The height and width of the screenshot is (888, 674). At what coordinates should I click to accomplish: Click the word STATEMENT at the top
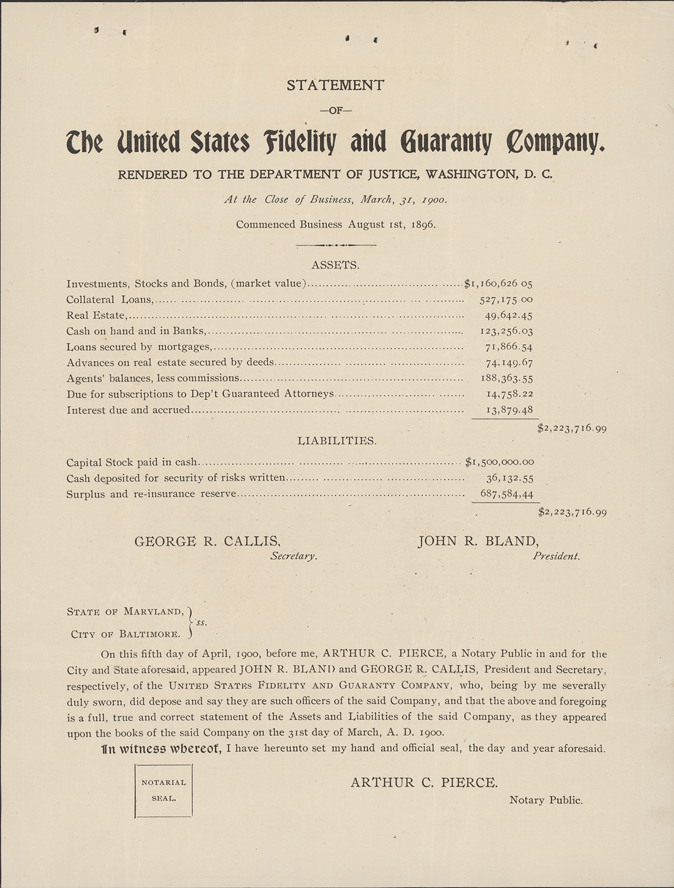(335, 85)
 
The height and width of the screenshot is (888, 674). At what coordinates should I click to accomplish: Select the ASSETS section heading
(335, 265)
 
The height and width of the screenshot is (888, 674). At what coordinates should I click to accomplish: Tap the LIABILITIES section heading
(336, 441)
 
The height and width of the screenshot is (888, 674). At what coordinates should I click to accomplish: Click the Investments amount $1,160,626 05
(499, 283)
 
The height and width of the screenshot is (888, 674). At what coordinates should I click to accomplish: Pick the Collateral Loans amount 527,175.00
(506, 299)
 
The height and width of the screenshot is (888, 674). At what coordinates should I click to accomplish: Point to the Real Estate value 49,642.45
(508, 315)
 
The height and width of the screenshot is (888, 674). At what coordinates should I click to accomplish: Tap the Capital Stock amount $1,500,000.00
(499, 462)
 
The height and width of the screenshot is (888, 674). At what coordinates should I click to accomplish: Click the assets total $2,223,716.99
(572, 428)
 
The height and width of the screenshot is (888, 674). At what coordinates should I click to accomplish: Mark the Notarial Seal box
(163, 790)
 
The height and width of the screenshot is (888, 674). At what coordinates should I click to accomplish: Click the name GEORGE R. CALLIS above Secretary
(207, 541)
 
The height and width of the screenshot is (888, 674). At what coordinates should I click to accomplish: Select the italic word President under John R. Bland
(556, 556)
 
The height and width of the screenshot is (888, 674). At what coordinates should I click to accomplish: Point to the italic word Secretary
(294, 556)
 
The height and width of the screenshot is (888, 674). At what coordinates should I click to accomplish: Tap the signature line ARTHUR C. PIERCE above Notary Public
(424, 782)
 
